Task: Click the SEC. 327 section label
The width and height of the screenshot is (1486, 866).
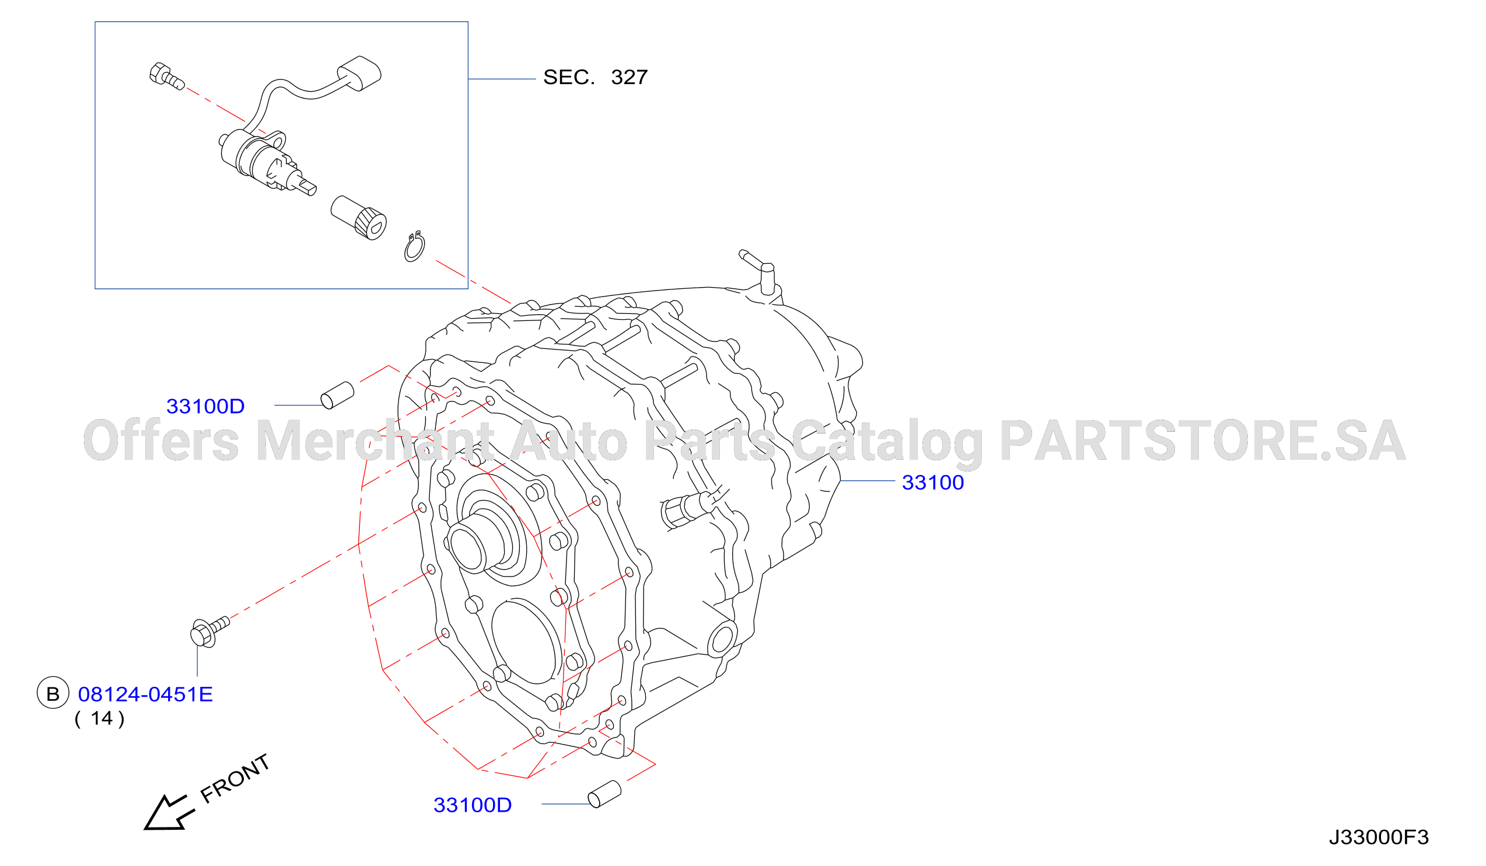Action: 595,77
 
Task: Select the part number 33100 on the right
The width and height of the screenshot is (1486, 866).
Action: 932,483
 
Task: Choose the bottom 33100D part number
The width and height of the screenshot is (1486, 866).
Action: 473,805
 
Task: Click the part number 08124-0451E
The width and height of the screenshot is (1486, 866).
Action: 145,694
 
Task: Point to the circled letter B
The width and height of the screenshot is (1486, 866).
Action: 53,693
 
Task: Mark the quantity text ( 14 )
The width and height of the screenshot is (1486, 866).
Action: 100,718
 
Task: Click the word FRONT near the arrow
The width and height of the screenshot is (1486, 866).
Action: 235,778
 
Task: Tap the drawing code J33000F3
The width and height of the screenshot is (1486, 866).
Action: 1378,837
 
